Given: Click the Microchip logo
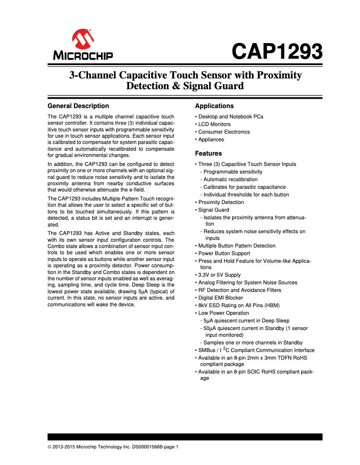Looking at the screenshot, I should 83,45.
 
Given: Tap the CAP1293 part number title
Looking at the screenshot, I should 277,52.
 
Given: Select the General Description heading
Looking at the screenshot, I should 78,106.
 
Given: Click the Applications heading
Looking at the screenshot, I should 214,106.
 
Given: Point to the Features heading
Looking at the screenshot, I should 208,153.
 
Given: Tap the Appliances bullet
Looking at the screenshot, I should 211,139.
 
